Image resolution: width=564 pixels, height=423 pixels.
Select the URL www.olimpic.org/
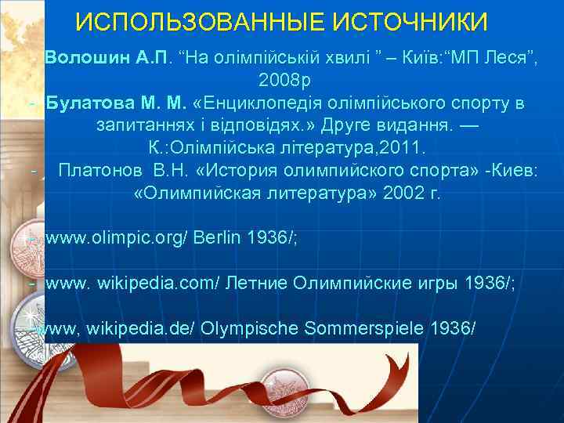(117, 239)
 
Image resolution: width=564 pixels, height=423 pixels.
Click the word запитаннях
(150, 125)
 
